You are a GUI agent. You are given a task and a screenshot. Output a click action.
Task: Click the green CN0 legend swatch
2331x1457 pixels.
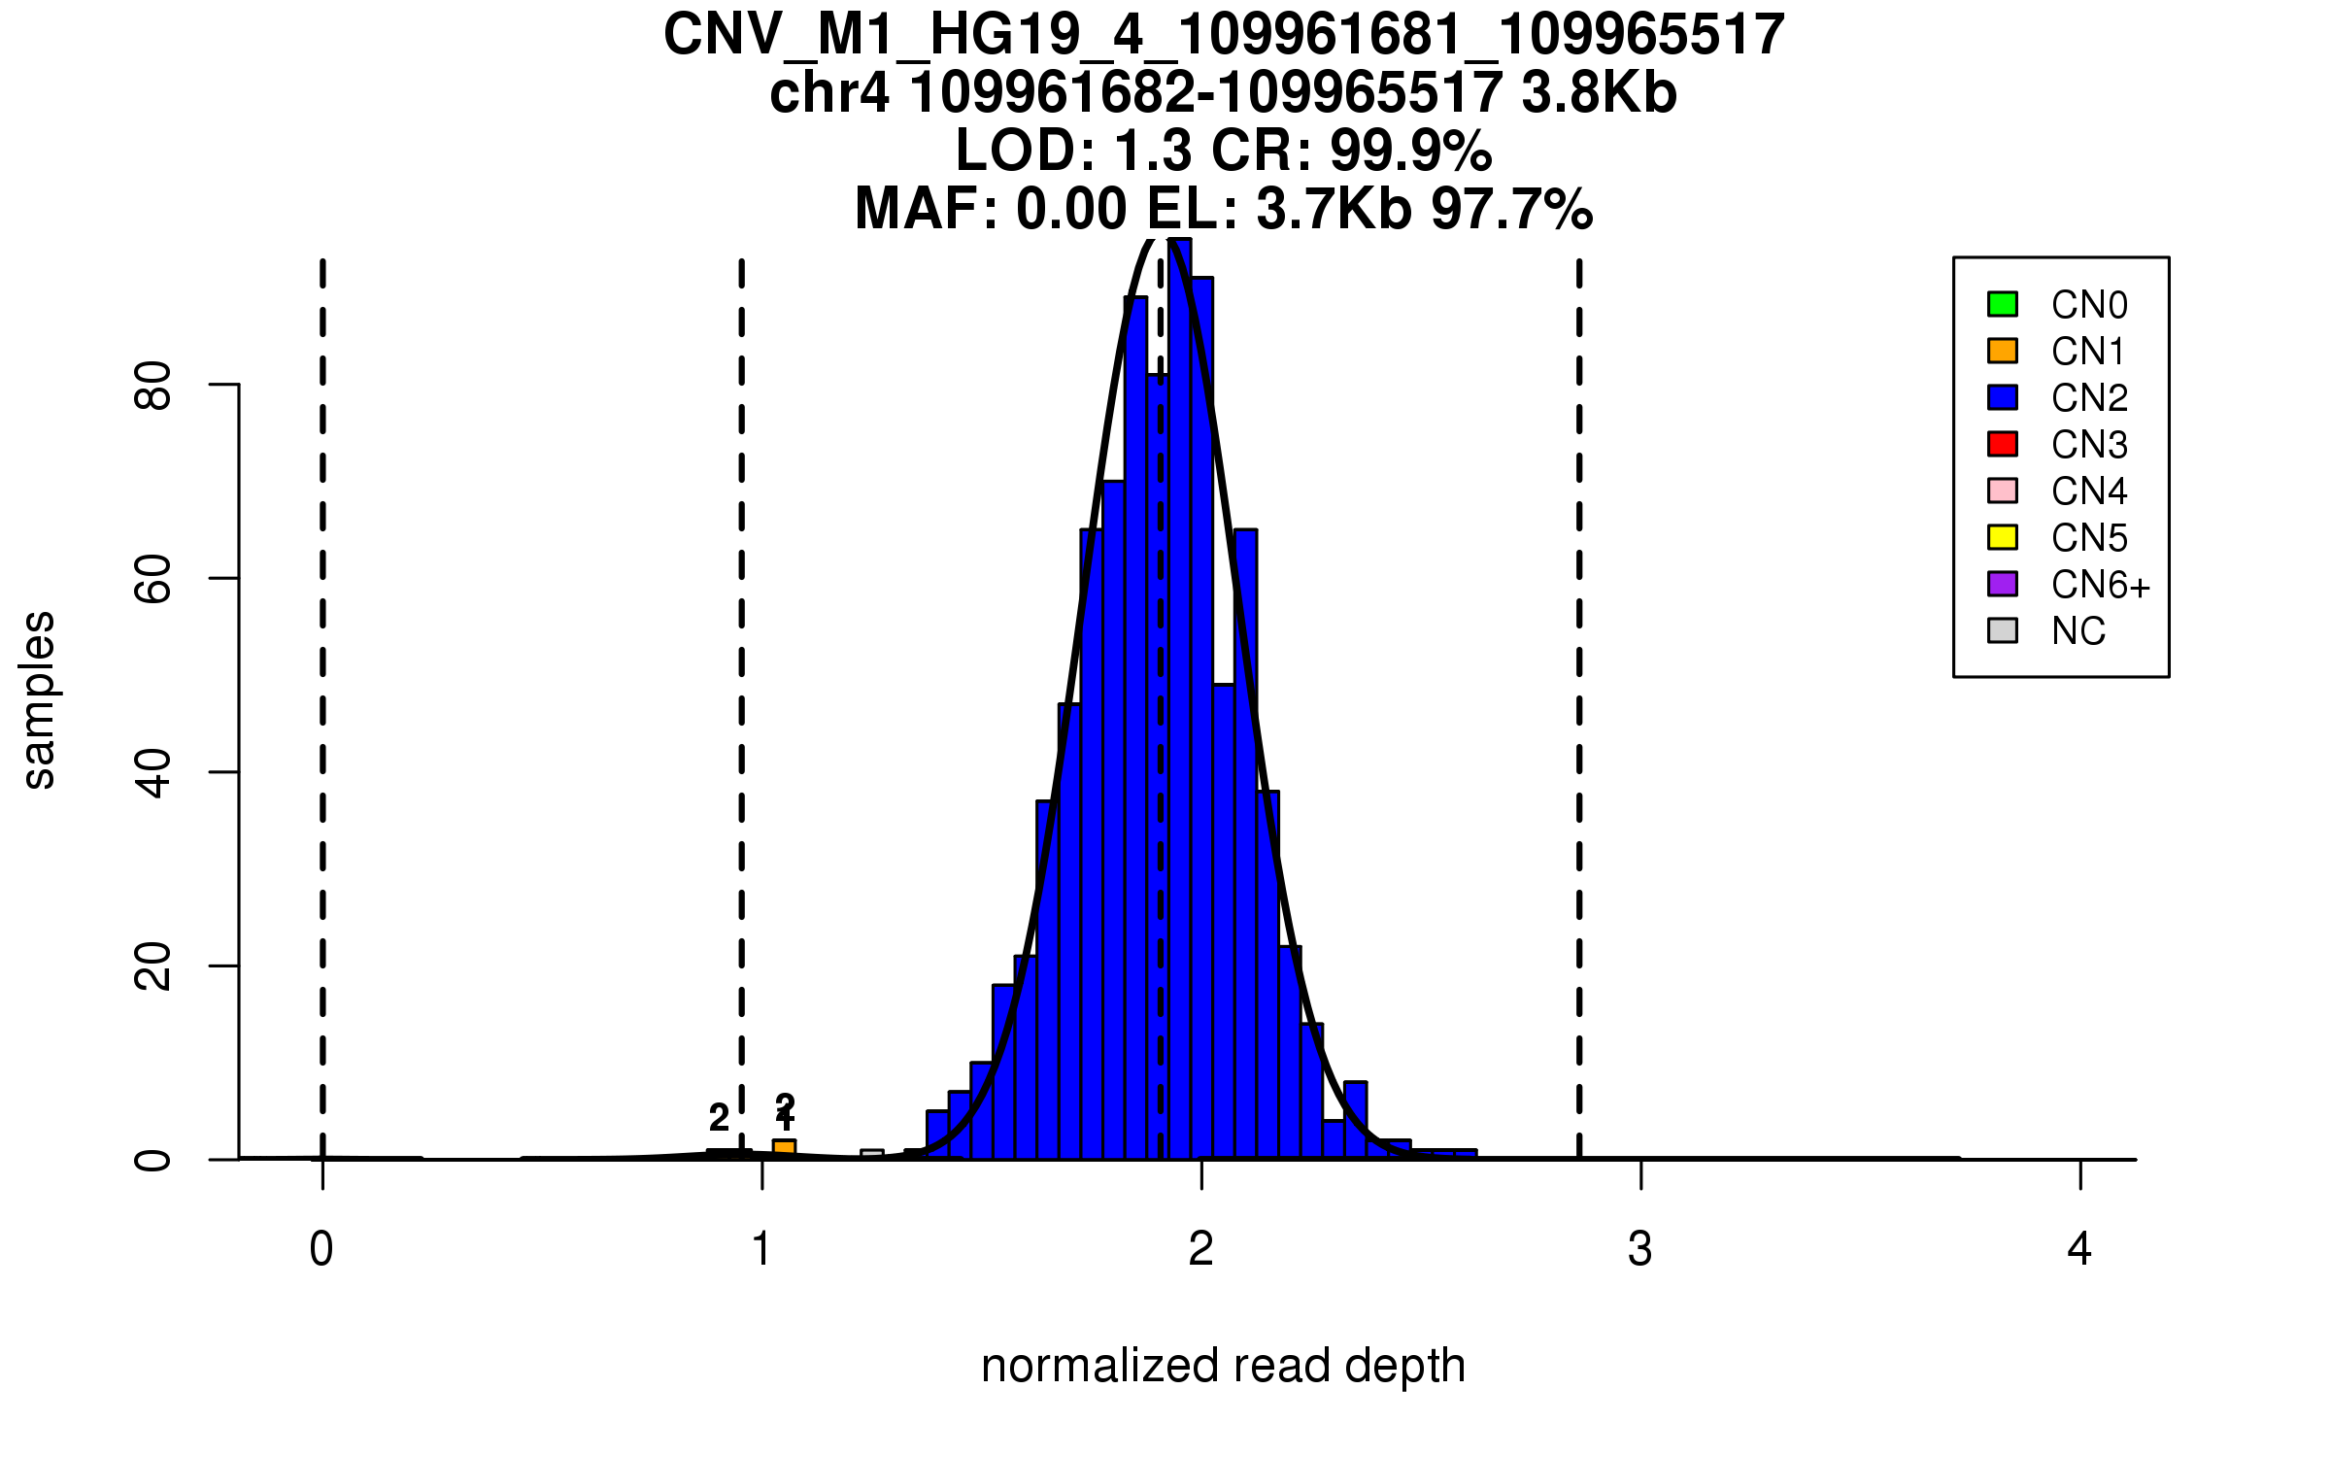click(x=2003, y=304)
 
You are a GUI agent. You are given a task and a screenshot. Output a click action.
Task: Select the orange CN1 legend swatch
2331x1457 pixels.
click(x=2003, y=351)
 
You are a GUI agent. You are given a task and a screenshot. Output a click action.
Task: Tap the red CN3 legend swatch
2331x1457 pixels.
click(x=2003, y=444)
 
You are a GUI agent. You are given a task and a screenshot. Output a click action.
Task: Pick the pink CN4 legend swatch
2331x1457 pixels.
click(x=2003, y=491)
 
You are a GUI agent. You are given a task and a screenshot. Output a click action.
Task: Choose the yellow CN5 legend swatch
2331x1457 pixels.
click(x=2003, y=537)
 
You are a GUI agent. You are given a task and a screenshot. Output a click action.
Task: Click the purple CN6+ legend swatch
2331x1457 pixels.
click(x=2003, y=584)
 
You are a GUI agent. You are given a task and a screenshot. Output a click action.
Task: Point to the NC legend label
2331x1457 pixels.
click(x=2078, y=631)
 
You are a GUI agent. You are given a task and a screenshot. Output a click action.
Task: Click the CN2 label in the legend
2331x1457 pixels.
click(x=2089, y=398)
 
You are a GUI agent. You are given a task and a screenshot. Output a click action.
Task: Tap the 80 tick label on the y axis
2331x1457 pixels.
click(x=153, y=386)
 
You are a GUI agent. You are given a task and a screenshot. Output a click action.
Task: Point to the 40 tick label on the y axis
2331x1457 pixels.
click(x=153, y=773)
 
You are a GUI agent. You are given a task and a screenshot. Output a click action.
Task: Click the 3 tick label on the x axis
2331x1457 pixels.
click(x=1640, y=1249)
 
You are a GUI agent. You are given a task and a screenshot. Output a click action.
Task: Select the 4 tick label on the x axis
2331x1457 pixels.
click(x=2079, y=1249)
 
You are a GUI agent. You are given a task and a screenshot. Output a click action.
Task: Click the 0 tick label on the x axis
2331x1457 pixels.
click(x=321, y=1249)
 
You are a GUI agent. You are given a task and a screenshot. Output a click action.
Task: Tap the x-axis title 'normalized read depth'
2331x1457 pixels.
click(x=1223, y=1366)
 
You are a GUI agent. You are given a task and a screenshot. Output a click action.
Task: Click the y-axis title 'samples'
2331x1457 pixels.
click(x=39, y=700)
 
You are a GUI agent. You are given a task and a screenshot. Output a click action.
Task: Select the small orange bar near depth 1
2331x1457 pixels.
click(x=784, y=1149)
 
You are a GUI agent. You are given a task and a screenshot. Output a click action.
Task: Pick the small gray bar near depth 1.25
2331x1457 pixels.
click(x=872, y=1155)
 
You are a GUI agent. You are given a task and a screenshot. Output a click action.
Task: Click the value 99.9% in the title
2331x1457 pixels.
click(x=1410, y=151)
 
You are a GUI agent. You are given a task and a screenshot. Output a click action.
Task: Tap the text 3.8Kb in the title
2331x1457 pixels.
click(x=1599, y=93)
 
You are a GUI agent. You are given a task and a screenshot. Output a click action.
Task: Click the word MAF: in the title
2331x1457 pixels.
click(x=927, y=209)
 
